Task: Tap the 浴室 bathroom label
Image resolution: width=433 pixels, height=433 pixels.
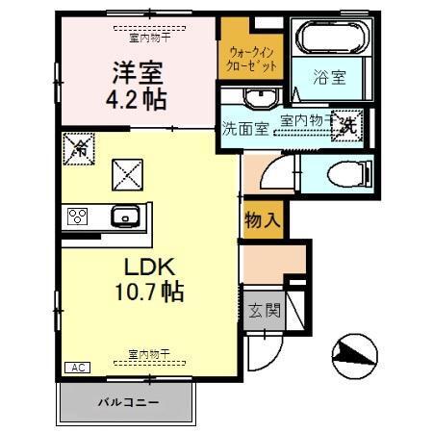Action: pos(331,78)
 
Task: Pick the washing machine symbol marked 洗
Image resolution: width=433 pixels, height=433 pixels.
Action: pos(347,123)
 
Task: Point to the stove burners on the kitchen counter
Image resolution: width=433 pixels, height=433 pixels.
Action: pos(78,216)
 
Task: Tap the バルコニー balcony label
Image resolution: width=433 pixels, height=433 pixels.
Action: pos(128,400)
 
